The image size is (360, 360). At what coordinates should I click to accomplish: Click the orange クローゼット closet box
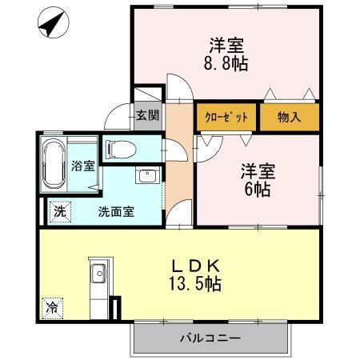(x=226, y=116)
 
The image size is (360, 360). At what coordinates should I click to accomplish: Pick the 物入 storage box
(x=289, y=117)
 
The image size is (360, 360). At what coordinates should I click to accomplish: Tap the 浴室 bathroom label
(x=83, y=166)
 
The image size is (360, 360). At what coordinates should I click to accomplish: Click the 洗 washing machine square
(x=59, y=212)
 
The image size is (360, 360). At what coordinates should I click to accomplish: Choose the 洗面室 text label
(x=115, y=212)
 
